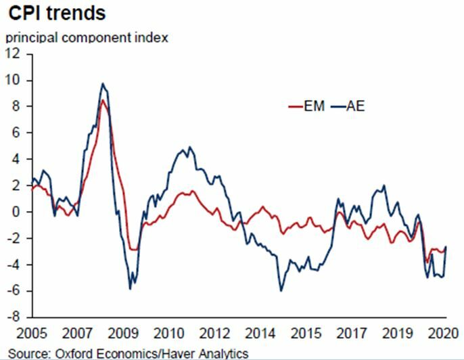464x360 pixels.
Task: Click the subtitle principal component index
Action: tap(87, 38)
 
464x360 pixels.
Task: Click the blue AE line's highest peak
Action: tap(102, 84)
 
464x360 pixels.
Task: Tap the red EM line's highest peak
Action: tap(102, 100)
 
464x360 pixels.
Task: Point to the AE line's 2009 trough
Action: tap(130, 289)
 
